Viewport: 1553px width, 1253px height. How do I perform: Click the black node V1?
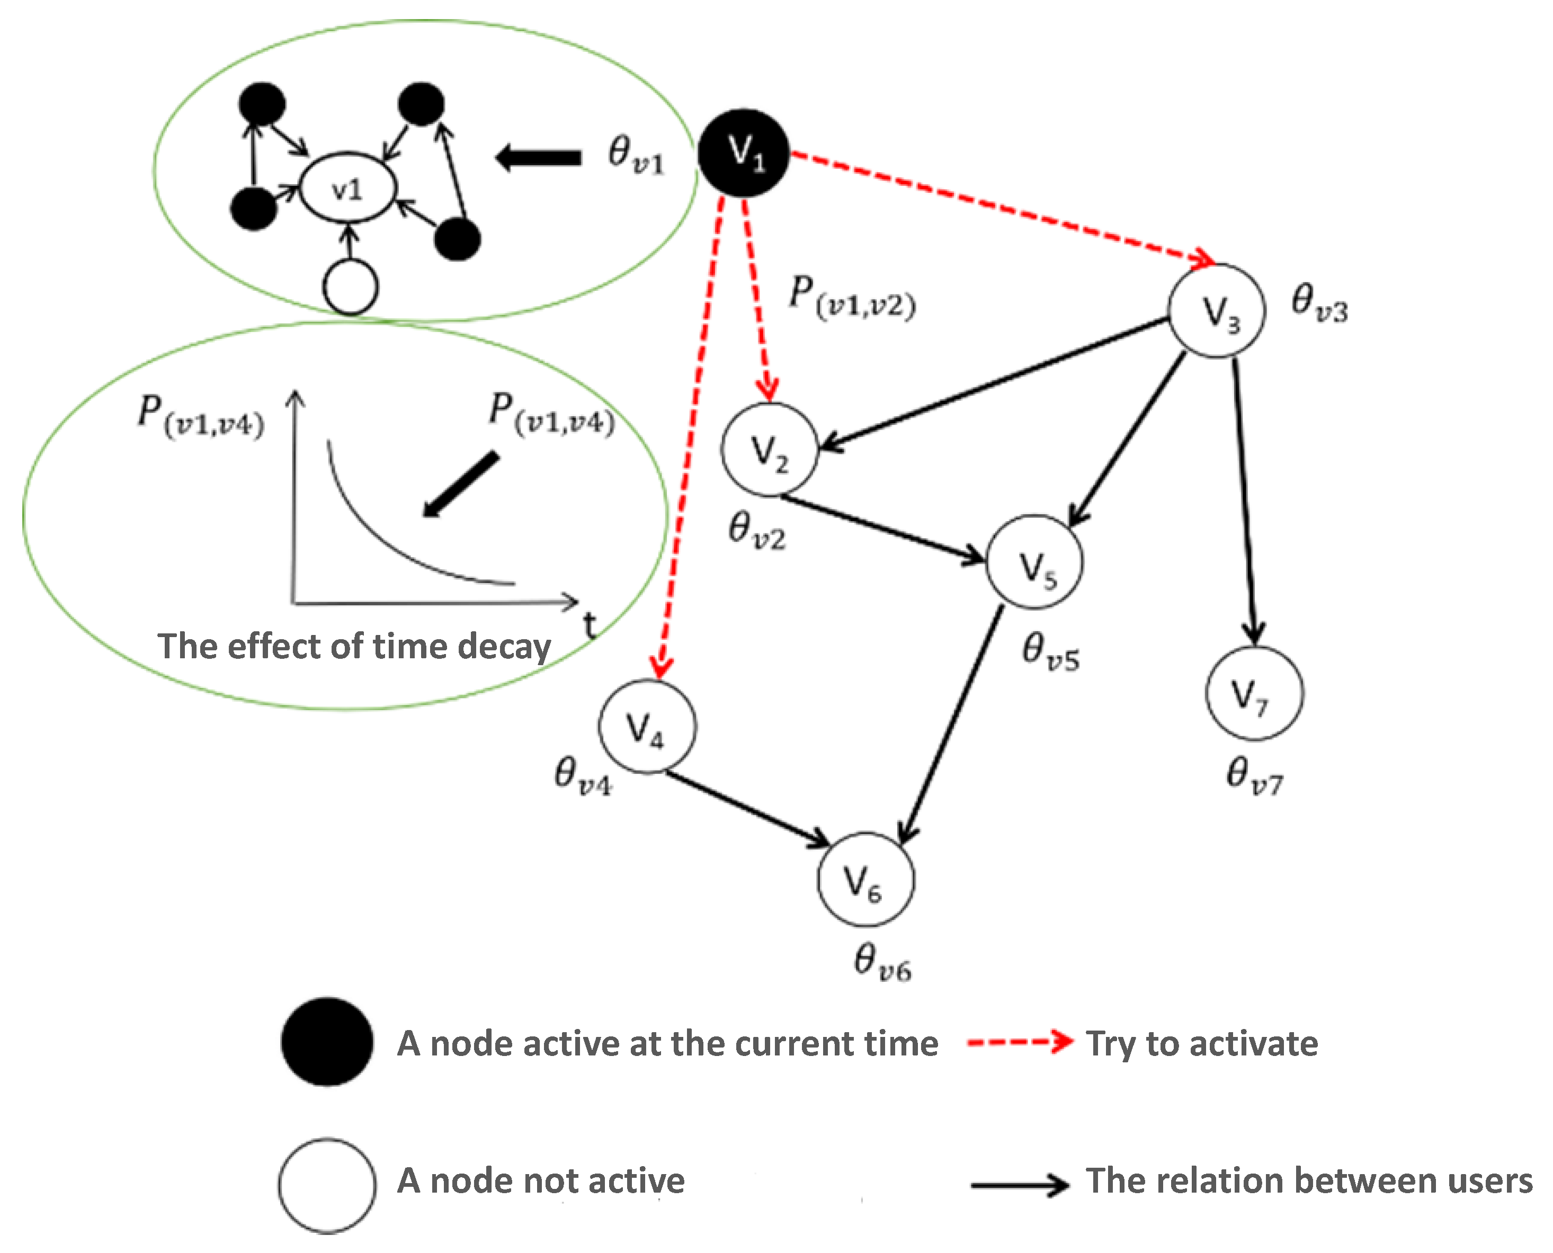pyautogui.click(x=743, y=153)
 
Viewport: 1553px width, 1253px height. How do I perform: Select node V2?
pyautogui.click(x=770, y=449)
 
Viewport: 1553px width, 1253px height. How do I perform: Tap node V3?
pyautogui.click(x=1217, y=311)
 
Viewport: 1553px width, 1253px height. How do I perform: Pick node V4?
pyautogui.click(x=647, y=726)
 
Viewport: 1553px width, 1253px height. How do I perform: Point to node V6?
pyautogui.click(x=865, y=879)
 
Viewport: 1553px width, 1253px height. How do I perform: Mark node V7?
pyautogui.click(x=1254, y=693)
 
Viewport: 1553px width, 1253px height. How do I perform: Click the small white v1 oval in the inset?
pyautogui.click(x=348, y=189)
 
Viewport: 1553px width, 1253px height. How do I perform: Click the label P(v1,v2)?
pyautogui.click(x=852, y=296)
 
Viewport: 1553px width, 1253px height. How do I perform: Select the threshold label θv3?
pyautogui.click(x=1319, y=303)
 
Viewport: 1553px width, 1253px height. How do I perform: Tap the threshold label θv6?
pyautogui.click(x=881, y=963)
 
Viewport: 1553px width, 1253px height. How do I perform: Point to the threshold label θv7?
pyautogui.click(x=1254, y=776)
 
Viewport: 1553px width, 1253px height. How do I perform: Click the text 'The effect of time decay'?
pyautogui.click(x=354, y=646)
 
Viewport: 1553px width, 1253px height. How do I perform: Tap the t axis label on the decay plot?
pyautogui.click(x=590, y=625)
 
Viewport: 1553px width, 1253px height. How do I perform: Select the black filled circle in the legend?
pyautogui.click(x=327, y=1042)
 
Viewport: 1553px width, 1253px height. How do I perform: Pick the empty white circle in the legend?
pyautogui.click(x=327, y=1186)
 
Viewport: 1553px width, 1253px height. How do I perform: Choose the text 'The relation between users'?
pyautogui.click(x=1309, y=1182)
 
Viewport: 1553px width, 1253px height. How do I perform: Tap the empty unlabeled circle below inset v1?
pyautogui.click(x=351, y=287)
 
